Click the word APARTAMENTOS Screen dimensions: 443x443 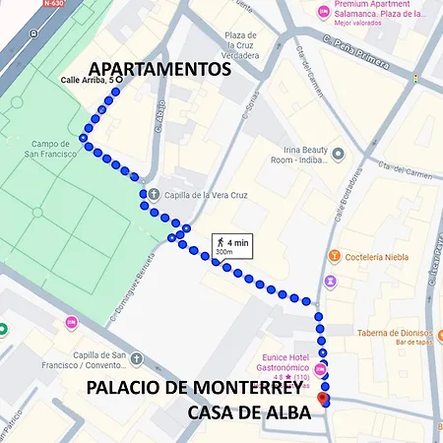[160, 69]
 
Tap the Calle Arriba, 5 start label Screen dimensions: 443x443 [90, 80]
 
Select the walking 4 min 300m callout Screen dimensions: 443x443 [231, 245]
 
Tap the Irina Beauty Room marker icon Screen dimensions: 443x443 [339, 155]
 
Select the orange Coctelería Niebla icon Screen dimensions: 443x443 [334, 257]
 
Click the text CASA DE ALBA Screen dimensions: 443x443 [249, 411]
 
